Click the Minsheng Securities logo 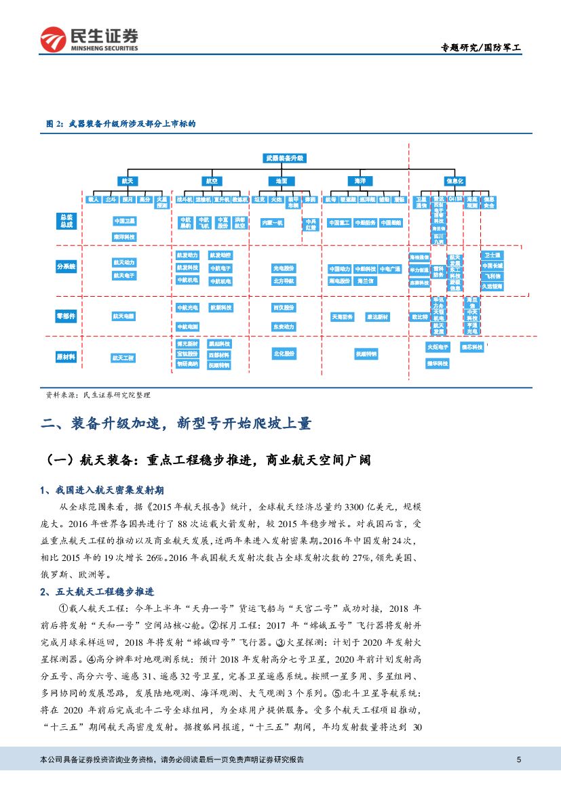click(89, 40)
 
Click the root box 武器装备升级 click(285, 158)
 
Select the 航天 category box click(128, 181)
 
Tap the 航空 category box click(212, 181)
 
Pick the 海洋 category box click(360, 181)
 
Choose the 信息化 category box click(454, 181)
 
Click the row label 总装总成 click(66, 220)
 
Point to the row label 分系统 click(66, 267)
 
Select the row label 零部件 click(66, 316)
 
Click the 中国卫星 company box click(124, 221)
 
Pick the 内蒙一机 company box click(272, 222)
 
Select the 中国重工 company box click(338, 222)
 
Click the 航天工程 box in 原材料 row click(123, 357)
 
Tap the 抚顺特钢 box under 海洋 click(366, 354)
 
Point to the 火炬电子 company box click(438, 347)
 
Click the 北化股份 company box click(284, 353)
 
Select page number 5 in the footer click(518, 759)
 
